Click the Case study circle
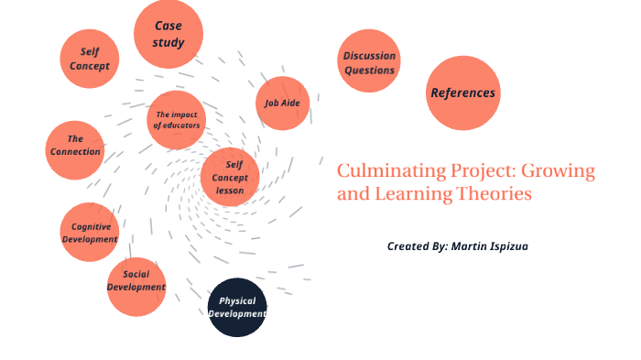(x=168, y=34)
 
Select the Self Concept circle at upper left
(x=90, y=59)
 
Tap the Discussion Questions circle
(x=369, y=61)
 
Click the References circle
(x=462, y=93)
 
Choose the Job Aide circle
(x=282, y=103)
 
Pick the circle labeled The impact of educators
(x=176, y=119)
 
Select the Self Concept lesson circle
(x=230, y=177)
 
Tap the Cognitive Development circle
(x=90, y=232)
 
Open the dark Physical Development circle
(x=237, y=307)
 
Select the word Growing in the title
(x=560, y=171)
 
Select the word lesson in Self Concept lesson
(x=230, y=190)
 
